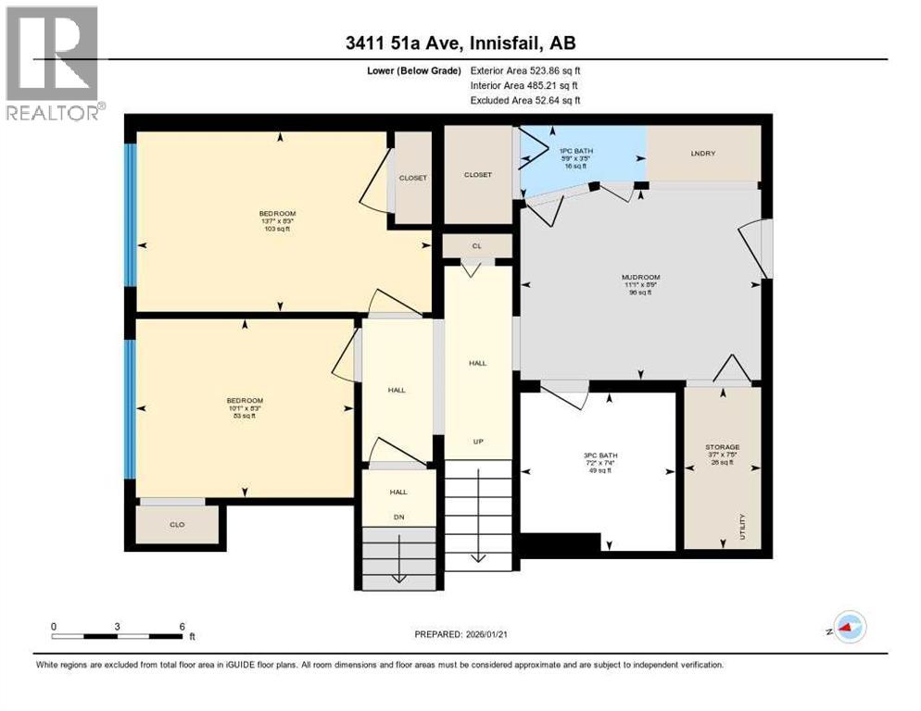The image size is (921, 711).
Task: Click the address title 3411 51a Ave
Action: pos(460,44)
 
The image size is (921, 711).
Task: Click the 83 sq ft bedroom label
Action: pos(245,408)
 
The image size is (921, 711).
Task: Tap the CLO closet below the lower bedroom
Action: pos(177,525)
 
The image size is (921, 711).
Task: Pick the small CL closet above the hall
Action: pos(477,245)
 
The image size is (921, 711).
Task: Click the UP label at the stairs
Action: pos(478,442)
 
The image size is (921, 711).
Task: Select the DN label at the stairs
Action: pos(398,518)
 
